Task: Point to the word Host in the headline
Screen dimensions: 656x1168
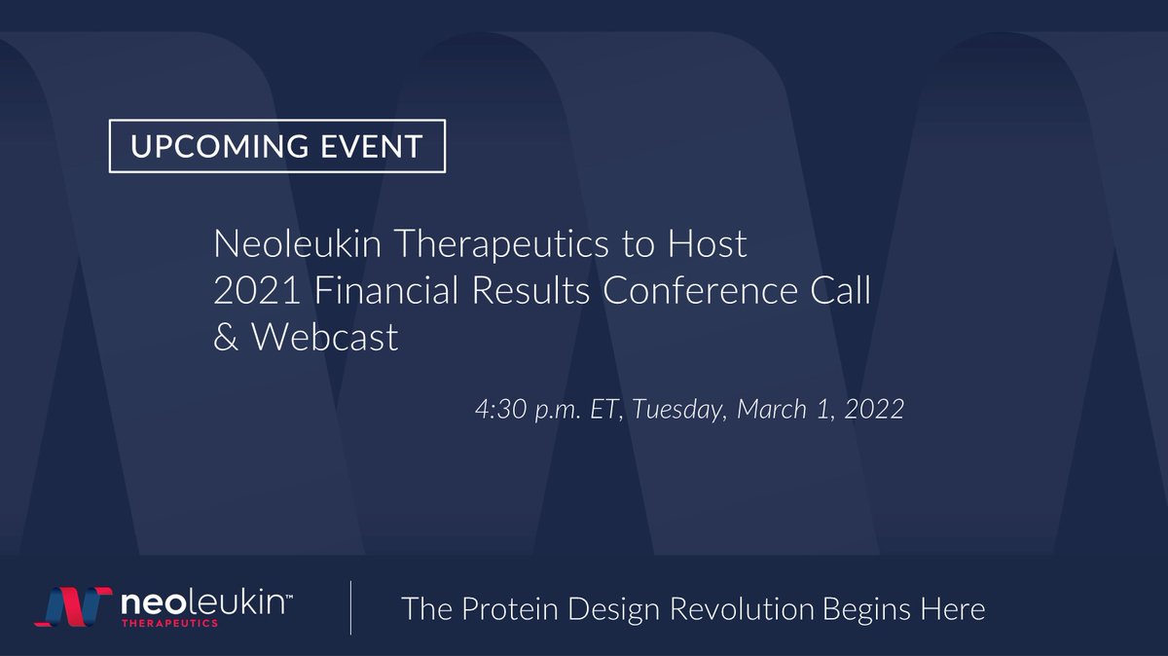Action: pyautogui.click(x=712, y=244)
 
